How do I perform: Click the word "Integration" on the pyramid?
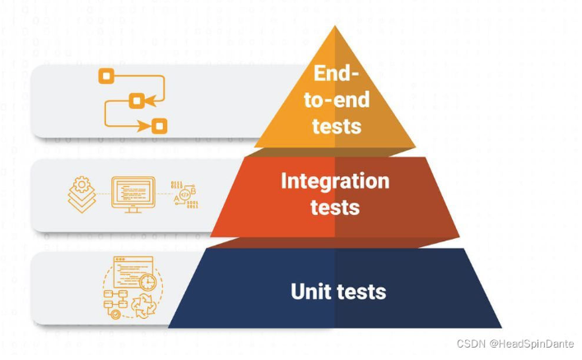click(x=335, y=180)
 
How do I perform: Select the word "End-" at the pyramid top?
click(x=336, y=73)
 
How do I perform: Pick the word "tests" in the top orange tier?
click(x=337, y=125)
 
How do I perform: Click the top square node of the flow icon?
click(x=105, y=77)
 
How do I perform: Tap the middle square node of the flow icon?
click(x=137, y=101)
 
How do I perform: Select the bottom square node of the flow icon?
click(x=159, y=125)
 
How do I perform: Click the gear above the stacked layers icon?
click(x=81, y=185)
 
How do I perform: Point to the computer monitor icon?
click(x=132, y=194)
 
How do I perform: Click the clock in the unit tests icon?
click(x=147, y=282)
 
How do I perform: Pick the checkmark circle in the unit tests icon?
click(x=116, y=313)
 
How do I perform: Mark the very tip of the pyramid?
click(x=336, y=26)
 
